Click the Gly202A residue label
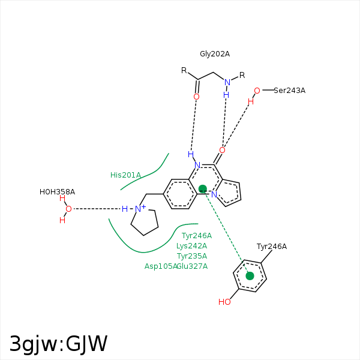[215, 54]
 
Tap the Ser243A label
[290, 91]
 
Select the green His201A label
[125, 175]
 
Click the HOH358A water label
[57, 192]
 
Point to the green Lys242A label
[191, 246]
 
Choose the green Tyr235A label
[192, 256]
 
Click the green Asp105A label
[161, 266]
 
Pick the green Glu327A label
[193, 266]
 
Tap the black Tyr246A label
[272, 247]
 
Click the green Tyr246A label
[197, 236]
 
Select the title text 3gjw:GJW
[58, 344]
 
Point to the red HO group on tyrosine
[224, 302]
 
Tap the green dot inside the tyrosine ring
[250, 276]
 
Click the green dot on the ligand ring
[203, 189]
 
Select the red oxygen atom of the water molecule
[68, 209]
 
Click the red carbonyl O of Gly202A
[196, 97]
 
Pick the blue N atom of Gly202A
[227, 82]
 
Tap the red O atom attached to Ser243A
[257, 91]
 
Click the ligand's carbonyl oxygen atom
[222, 150]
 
